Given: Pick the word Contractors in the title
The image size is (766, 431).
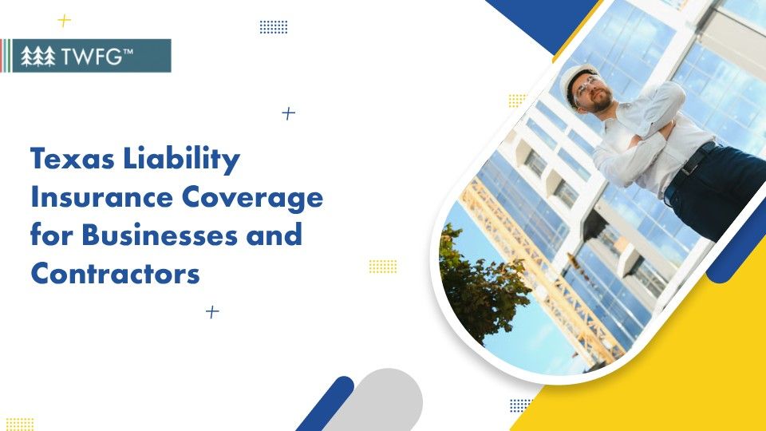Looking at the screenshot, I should (x=115, y=273).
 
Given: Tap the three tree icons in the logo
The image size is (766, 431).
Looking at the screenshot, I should (x=38, y=56).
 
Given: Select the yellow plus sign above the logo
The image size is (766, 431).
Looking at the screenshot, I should (x=65, y=20).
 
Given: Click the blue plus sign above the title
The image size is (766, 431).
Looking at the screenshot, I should (x=289, y=113).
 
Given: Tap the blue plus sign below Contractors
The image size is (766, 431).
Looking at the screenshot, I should (x=212, y=312).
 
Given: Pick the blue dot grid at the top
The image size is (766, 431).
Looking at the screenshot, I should (x=274, y=27).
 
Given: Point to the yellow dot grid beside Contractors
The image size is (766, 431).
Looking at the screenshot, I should (x=383, y=266).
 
